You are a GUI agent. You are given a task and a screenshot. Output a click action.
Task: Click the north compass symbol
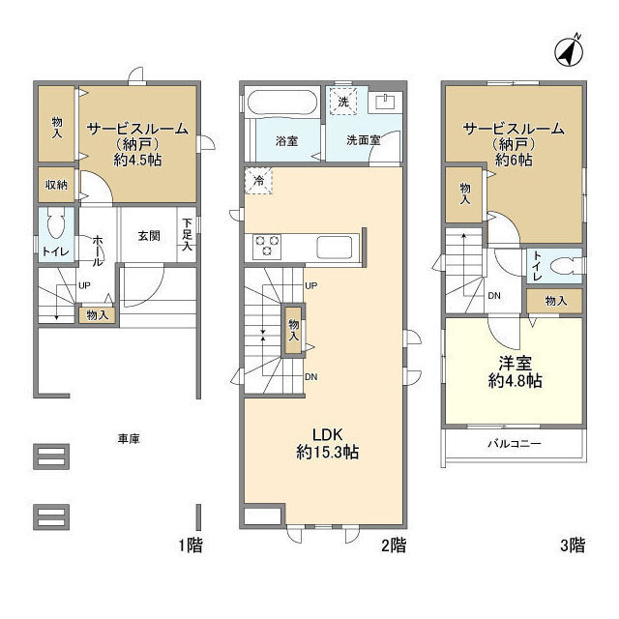[569, 53]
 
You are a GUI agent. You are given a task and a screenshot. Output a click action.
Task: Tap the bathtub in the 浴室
[281, 103]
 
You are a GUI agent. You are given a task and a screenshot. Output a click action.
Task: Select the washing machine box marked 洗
[343, 102]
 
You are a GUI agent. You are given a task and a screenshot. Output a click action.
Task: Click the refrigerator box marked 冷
[259, 181]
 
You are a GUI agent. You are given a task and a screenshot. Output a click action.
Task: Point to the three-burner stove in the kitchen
[267, 246]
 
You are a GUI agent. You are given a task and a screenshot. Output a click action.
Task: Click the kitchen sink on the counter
[334, 248]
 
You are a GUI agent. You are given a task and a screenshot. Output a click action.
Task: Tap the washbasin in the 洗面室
[385, 103]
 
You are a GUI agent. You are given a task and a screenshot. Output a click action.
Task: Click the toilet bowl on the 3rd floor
[565, 266]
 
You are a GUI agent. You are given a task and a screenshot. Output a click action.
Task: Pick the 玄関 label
[149, 236]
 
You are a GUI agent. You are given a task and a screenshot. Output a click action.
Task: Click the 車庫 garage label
[129, 438]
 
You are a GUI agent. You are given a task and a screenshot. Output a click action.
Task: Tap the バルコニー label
[514, 444]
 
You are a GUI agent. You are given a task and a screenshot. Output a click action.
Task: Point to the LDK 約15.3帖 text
[327, 444]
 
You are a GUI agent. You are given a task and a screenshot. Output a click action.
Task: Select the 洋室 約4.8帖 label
[515, 371]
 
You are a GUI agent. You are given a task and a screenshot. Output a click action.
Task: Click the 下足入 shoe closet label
[187, 235]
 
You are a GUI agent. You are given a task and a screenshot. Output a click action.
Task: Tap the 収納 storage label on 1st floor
[56, 185]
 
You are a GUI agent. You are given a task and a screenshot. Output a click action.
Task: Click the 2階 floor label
[394, 545]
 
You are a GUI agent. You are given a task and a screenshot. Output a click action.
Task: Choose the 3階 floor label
[573, 545]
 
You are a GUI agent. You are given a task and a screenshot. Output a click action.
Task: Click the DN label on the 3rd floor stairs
[494, 295]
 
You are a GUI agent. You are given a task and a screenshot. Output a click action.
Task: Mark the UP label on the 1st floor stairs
[84, 285]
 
